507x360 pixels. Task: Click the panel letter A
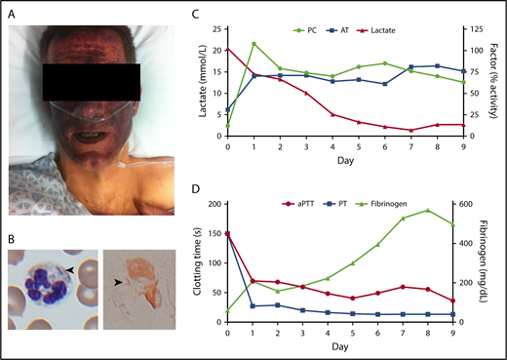pos(9,10)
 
